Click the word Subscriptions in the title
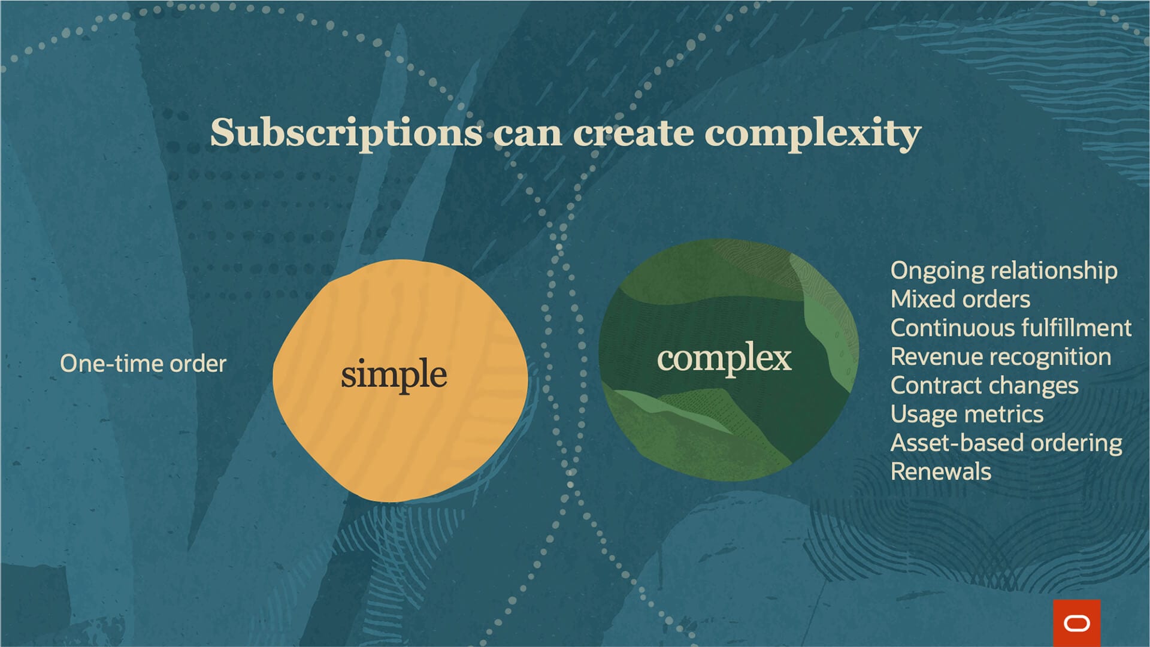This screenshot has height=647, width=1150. (346, 133)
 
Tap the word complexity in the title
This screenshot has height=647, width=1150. (812, 133)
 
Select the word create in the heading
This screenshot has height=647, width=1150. (633, 133)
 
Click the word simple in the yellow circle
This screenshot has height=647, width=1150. (394, 374)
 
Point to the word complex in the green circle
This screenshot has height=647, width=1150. (724, 359)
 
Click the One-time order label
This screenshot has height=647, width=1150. (143, 364)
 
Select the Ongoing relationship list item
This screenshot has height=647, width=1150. (1003, 271)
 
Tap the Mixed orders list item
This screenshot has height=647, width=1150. (960, 299)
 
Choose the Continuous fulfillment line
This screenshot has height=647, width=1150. (1010, 328)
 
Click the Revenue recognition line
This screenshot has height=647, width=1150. (1000, 357)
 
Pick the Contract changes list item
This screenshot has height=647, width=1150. (984, 386)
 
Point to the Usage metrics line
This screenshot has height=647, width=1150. (967, 415)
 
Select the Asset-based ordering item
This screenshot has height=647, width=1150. (1006, 443)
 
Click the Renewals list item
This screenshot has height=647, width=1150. (940, 471)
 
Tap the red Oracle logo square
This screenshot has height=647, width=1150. (1076, 623)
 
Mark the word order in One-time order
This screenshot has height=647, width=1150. (198, 364)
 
